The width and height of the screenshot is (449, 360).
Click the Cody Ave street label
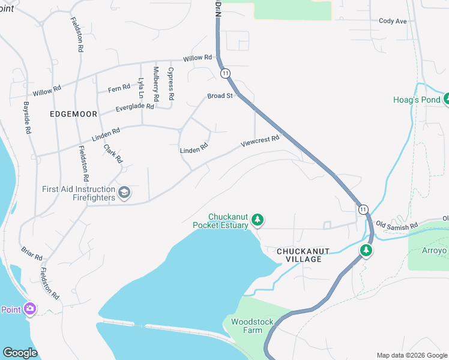coord(393,21)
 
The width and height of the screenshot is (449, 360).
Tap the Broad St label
coord(220,96)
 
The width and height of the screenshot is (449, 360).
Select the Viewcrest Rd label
coord(260,142)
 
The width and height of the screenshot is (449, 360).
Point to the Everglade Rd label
coord(134,107)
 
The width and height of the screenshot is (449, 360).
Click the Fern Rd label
coord(119,88)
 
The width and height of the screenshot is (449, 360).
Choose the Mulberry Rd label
coord(156,83)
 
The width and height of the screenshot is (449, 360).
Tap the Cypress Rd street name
coord(171,83)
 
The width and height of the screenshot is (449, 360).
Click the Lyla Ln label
coord(142,88)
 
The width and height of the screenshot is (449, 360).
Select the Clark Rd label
coord(113,154)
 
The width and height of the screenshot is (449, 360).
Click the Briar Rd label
coord(31,253)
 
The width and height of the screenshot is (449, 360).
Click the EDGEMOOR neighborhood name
coord(74,113)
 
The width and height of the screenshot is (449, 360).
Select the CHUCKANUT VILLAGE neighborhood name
coord(300,255)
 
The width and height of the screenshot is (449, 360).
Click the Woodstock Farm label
coord(252,326)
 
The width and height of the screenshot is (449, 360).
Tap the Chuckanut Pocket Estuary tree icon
coord(258,220)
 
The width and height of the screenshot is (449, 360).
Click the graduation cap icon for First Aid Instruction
coord(124,193)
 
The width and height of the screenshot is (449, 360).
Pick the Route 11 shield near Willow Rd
coord(225,73)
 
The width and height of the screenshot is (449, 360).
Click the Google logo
coord(20,353)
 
